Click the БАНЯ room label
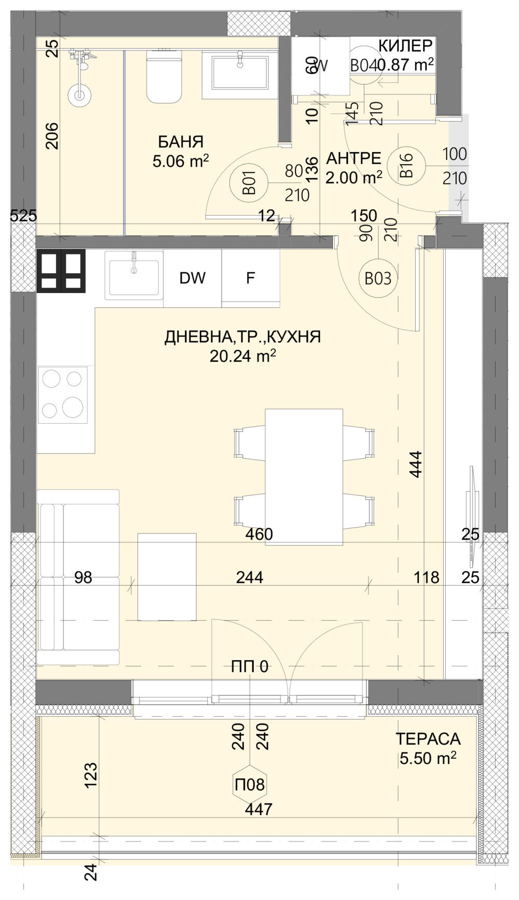coord(181,142)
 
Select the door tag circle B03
coord(377,279)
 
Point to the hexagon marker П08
coord(250,784)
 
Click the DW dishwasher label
coord(193,278)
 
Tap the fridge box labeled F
coord(251,278)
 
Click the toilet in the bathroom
coord(165,75)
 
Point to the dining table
coord(304,475)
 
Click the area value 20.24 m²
coord(242,356)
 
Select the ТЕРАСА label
coord(428,738)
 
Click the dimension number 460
coord(259,534)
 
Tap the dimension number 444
coord(416,464)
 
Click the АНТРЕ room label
coord(353,158)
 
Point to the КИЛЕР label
coord(405,46)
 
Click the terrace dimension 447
coord(259,809)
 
